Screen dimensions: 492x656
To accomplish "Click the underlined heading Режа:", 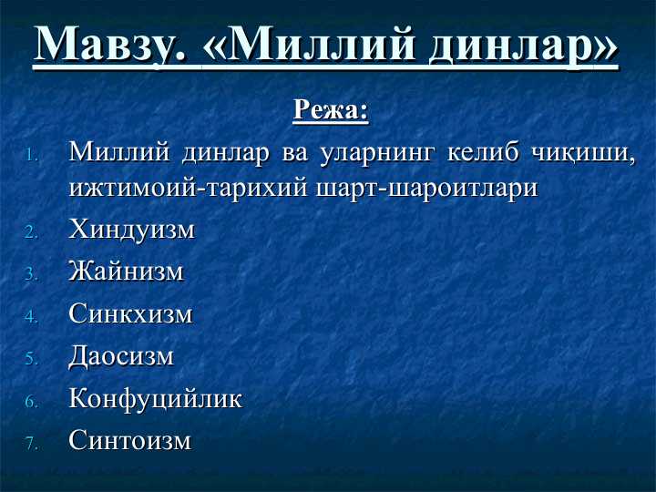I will point(330,110).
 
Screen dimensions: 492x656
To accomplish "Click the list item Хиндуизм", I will point(131,230).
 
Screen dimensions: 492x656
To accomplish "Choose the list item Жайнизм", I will point(126,272).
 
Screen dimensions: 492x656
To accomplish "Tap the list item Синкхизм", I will point(130,314).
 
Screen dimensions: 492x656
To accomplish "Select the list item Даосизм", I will point(120,356).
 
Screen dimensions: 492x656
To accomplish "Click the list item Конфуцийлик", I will point(155,399).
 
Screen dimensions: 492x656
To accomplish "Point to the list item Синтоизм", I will point(130,441).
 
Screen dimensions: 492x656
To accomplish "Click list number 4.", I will point(31,317).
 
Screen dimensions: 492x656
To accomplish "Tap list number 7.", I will point(31,444).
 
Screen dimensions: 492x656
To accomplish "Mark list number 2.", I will point(31,232).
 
